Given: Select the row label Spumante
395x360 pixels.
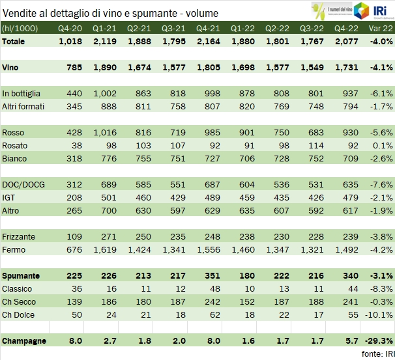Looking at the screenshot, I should click(x=22, y=276).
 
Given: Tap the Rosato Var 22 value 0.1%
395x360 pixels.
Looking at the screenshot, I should click(x=379, y=145).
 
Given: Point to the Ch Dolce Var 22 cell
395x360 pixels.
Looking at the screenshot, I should click(x=377, y=314).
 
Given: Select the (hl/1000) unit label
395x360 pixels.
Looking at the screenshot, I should click(x=20, y=29).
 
